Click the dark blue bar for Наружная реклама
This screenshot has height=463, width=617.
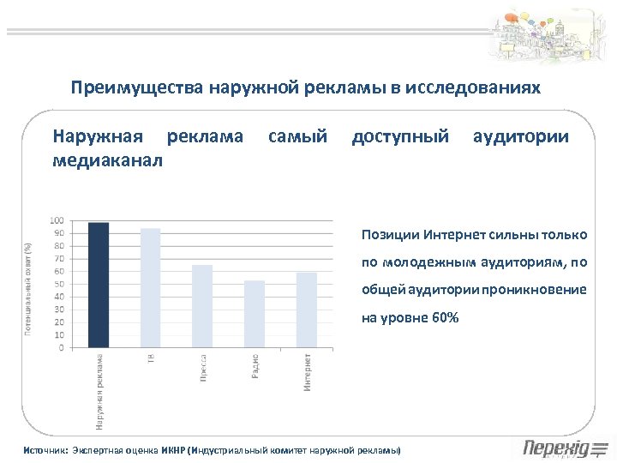[x=99, y=286]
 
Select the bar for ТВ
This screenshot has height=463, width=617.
[x=150, y=288]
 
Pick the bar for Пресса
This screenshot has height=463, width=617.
[x=202, y=306]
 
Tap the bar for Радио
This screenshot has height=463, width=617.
[x=255, y=314]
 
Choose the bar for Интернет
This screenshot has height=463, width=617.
[x=306, y=310]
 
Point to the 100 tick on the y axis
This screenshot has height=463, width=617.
[x=57, y=220]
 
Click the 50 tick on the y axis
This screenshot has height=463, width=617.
[x=58, y=284]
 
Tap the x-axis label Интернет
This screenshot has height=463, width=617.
[x=307, y=371]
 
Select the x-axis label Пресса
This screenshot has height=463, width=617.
[x=203, y=367]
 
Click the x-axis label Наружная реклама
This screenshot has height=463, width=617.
[x=99, y=391]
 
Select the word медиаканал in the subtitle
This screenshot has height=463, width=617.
[x=106, y=160]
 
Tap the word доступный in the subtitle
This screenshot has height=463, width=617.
[x=400, y=136]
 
